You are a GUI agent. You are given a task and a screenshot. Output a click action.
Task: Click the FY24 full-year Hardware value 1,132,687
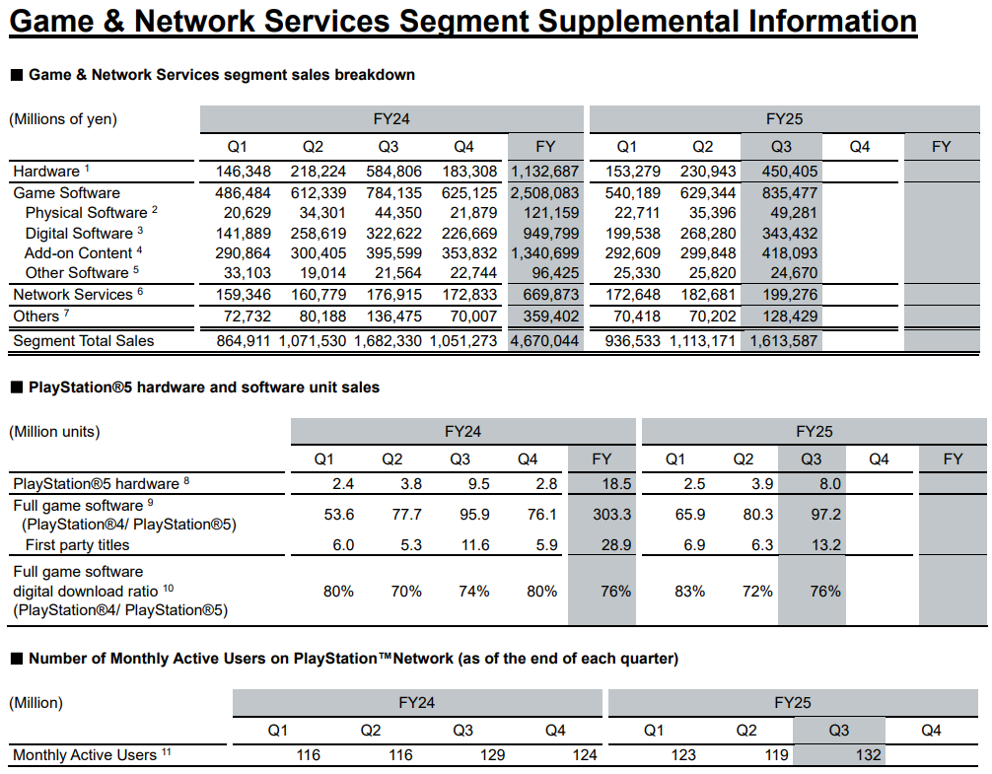coord(545,172)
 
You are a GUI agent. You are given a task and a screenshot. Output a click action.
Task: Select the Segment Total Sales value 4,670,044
coord(545,341)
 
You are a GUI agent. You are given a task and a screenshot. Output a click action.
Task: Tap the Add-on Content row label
coord(78,253)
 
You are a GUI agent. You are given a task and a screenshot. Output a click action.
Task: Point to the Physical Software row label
coord(86,213)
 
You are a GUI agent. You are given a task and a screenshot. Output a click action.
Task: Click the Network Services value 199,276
coord(784,295)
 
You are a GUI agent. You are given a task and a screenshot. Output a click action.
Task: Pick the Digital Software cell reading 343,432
coord(784,234)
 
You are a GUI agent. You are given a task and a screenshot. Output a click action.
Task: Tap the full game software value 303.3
coord(601,515)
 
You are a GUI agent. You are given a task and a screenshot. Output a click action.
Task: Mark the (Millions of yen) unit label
coord(63,119)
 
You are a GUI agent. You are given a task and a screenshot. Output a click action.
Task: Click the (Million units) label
coord(55,432)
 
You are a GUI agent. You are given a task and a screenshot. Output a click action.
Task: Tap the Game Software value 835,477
coord(784,193)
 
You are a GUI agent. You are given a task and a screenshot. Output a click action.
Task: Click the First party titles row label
coord(77,545)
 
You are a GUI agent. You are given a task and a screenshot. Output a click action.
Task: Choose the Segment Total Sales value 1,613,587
coord(784,341)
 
